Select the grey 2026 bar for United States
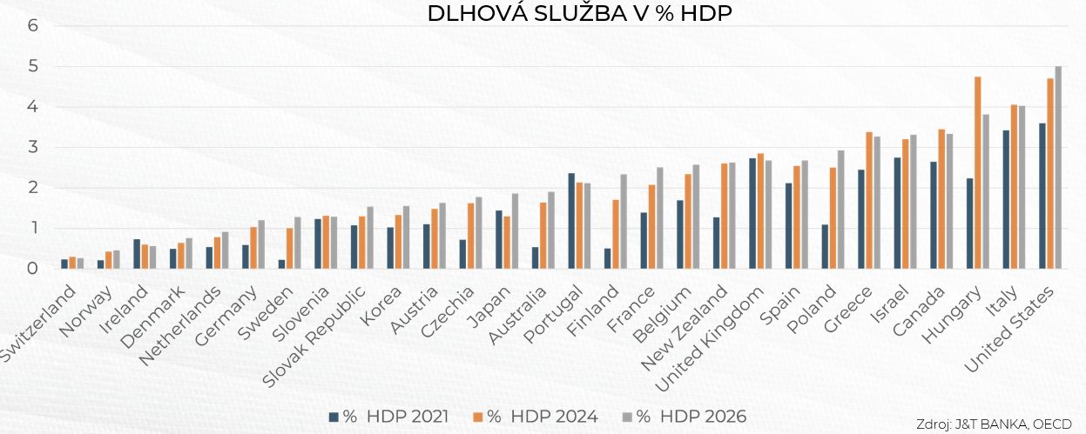[x=1058, y=168]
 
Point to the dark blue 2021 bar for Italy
[x=1007, y=200]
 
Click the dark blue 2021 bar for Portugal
[x=571, y=221]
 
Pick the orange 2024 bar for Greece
[x=869, y=201]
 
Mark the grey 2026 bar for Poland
[x=840, y=210]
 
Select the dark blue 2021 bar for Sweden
[x=281, y=264]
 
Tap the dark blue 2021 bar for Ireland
[x=137, y=254]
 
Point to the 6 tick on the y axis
[x=33, y=25]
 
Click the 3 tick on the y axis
[x=33, y=147]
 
